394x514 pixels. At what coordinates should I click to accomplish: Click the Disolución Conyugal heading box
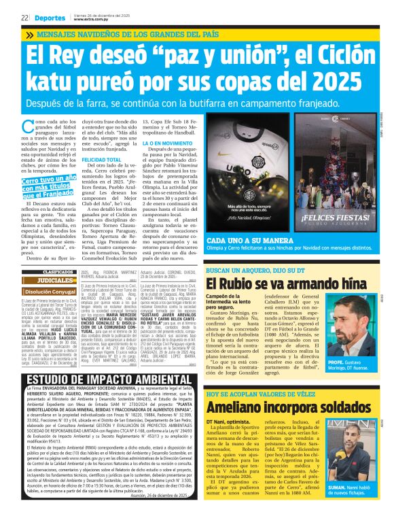pos(54,291)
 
